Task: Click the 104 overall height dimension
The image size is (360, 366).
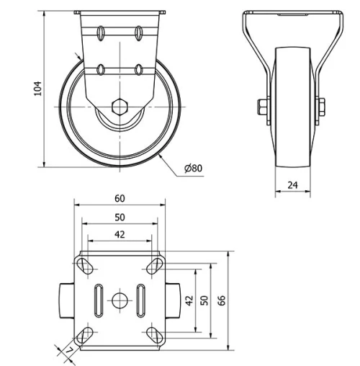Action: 38,88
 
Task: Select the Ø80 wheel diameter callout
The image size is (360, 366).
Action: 193,168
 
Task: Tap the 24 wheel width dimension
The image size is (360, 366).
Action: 293,184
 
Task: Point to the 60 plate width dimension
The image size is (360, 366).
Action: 120,199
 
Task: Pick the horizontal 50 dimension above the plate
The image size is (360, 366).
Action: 120,217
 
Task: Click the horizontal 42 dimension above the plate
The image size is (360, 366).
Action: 120,234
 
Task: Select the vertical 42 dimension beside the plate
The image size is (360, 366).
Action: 189,300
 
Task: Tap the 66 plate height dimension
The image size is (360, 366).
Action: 222,300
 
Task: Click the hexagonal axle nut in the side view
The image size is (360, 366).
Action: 120,107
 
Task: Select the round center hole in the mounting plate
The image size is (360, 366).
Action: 120,299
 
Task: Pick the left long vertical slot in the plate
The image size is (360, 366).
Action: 96,299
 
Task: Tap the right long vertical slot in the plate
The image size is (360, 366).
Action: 143,299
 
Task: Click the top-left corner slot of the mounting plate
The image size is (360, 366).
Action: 86,265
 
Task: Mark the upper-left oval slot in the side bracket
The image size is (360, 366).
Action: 102,32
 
